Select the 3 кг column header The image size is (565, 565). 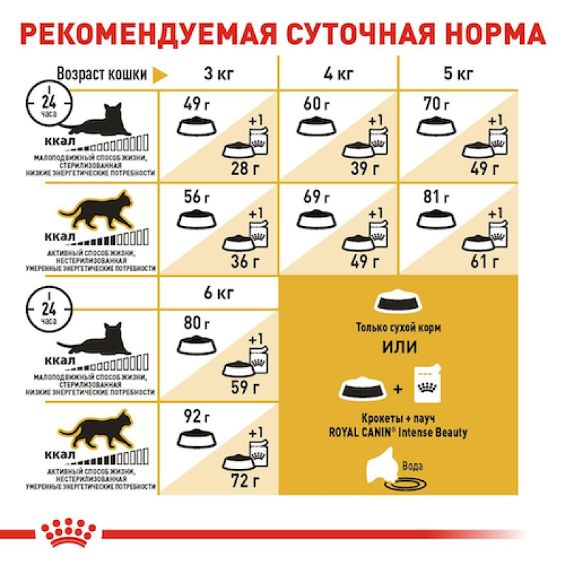coord(218,74)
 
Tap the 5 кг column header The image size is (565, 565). coord(457,74)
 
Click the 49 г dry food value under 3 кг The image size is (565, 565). coord(194,105)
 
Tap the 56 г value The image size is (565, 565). coord(194,196)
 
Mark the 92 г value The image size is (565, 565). coord(194,417)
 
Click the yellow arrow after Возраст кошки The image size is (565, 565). coord(161,75)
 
